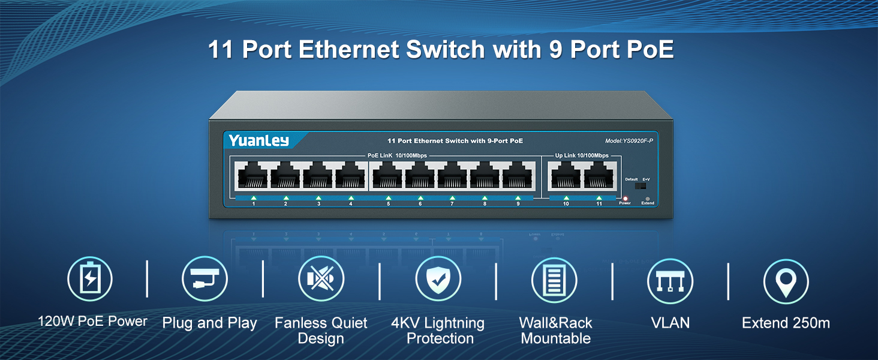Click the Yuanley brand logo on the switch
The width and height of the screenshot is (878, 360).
tap(258, 140)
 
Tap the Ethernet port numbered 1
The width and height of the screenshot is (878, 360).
tap(252, 176)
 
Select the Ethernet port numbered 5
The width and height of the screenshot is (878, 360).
tap(387, 176)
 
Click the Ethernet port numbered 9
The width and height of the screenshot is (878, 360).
tap(517, 176)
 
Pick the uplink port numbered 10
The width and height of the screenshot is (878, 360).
tap(566, 176)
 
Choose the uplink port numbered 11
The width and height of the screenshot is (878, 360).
tap(598, 176)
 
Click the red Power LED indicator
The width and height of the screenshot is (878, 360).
tap(625, 197)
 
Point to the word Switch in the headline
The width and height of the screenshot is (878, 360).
tap(445, 50)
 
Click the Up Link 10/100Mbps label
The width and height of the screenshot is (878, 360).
tap(582, 155)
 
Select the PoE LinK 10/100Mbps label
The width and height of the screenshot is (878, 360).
tap(397, 155)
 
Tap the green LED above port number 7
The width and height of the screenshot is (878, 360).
tap(452, 197)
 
